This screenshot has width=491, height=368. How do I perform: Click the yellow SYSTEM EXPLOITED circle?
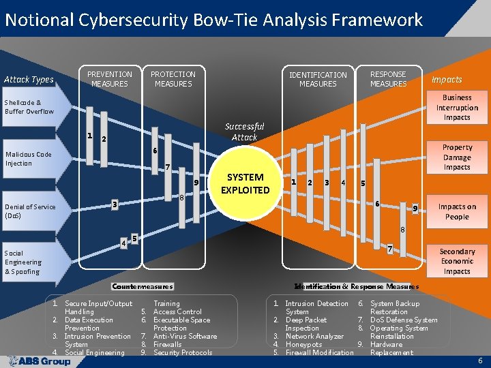click(x=245, y=184)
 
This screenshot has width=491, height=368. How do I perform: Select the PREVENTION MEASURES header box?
click(x=110, y=79)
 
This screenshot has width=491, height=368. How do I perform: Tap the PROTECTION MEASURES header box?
click(x=173, y=79)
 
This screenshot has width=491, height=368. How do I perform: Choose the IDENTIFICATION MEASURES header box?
click(x=318, y=79)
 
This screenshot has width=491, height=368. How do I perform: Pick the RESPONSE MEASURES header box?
click(x=388, y=79)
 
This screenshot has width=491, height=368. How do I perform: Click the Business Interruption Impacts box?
click(x=457, y=108)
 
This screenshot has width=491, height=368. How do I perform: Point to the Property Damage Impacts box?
click(x=457, y=157)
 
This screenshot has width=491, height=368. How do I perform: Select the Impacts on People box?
click(x=457, y=212)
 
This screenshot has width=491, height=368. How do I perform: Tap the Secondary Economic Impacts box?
click(x=457, y=261)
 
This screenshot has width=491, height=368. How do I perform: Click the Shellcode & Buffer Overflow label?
click(x=29, y=107)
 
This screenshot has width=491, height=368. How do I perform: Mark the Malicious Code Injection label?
click(x=29, y=159)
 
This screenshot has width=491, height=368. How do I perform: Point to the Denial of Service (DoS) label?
click(x=30, y=211)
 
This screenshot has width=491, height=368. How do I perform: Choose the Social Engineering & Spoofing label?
click(x=23, y=262)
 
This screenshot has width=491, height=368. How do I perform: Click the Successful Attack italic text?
click(x=244, y=132)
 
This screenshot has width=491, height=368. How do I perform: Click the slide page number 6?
click(x=480, y=360)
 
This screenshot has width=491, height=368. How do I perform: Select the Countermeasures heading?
click(x=143, y=286)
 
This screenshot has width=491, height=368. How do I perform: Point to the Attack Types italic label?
click(x=29, y=80)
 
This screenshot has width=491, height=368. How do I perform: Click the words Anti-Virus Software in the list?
click(x=185, y=336)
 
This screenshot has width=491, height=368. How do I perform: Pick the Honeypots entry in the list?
click(x=303, y=344)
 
